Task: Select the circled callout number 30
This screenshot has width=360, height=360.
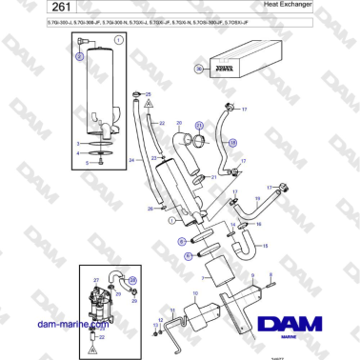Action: (x=199, y=70)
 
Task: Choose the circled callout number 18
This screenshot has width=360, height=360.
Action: (x=233, y=143)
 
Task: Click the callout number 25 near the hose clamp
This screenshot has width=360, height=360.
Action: (x=148, y=93)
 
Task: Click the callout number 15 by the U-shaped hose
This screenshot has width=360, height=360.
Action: (x=265, y=246)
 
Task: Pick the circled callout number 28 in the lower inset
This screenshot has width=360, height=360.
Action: (x=131, y=280)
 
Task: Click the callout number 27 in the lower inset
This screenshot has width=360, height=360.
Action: (x=96, y=280)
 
